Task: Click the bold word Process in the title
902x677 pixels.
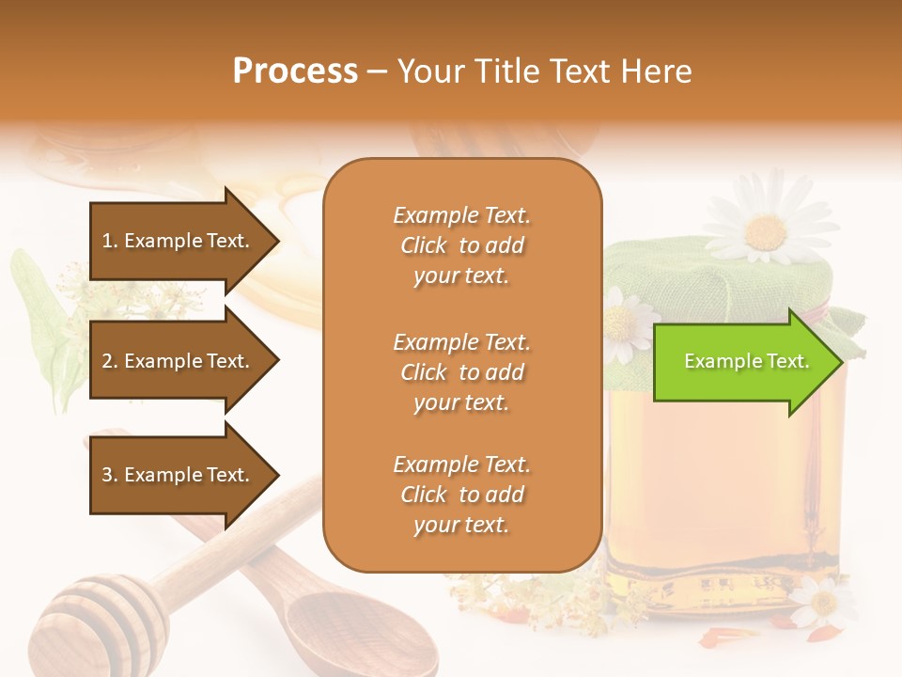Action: (295, 71)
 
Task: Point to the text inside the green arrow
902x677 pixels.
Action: (746, 361)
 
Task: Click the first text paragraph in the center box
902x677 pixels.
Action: (461, 245)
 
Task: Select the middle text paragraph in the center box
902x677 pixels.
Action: (461, 372)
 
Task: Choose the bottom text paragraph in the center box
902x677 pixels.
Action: (461, 495)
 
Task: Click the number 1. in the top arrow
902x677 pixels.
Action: (110, 241)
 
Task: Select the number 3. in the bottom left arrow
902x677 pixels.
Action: (110, 475)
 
